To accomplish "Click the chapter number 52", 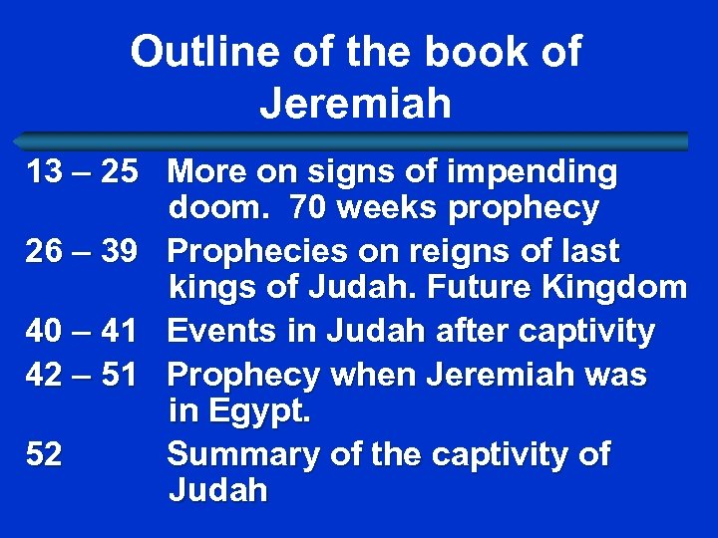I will pyautogui.click(x=44, y=454).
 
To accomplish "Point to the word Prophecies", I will pyautogui.click(x=264, y=251).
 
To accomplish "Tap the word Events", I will pyautogui.click(x=223, y=330).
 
